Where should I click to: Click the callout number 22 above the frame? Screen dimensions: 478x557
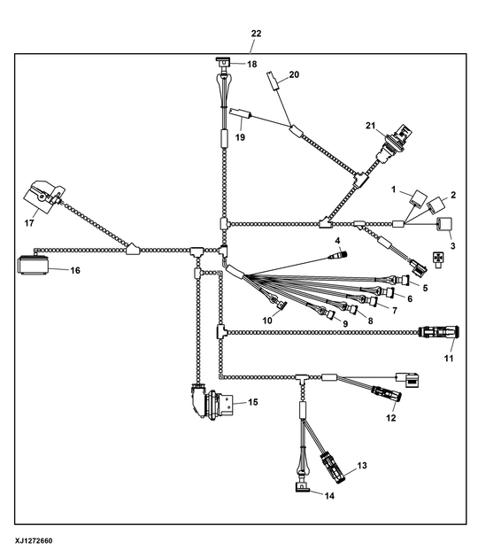256,34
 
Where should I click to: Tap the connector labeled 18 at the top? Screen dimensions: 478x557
223,63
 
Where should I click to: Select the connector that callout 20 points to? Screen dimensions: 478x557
273,81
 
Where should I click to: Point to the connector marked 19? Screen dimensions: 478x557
241,113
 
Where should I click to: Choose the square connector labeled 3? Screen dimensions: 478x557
444,225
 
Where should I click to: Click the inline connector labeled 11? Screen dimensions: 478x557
439,332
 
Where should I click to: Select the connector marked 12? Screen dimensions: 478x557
387,393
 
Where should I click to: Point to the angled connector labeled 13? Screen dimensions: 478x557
333,468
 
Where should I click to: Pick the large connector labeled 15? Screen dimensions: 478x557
212,401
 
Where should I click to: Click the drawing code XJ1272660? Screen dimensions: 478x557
34,541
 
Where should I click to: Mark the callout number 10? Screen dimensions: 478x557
267,321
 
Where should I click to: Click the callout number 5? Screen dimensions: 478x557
425,288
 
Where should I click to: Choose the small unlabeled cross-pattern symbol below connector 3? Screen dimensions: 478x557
438,259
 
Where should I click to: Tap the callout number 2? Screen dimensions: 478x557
453,195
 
